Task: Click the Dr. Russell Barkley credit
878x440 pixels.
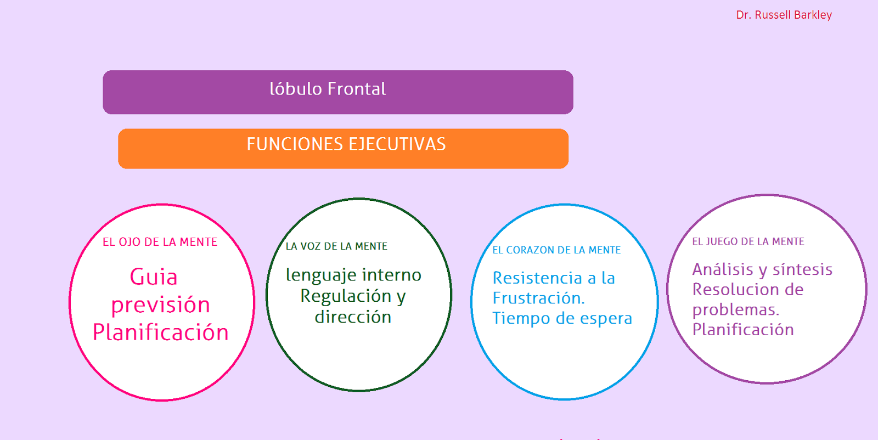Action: point(784,15)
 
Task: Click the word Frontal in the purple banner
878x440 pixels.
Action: point(357,88)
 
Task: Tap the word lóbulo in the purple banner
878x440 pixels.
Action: point(296,88)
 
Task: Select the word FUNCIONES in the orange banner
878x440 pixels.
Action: point(295,144)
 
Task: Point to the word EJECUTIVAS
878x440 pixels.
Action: point(397,144)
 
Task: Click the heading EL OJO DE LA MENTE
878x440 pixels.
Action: point(160,242)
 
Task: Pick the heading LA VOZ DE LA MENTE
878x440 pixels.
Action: point(336,246)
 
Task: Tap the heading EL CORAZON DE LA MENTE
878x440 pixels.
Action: point(556,250)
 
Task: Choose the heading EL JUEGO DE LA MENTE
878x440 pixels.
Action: point(748,241)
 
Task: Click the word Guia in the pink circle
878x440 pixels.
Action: point(154,277)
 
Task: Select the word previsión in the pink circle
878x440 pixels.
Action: point(161,305)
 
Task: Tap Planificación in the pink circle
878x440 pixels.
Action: point(161,332)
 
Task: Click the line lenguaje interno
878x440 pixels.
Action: point(353,275)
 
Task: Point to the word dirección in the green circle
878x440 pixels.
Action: point(353,317)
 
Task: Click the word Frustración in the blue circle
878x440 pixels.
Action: point(538,298)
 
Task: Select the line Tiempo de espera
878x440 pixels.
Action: point(562,318)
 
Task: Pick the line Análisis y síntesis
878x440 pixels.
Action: point(762,269)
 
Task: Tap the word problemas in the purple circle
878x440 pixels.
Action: point(736,310)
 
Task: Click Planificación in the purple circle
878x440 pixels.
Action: point(743,330)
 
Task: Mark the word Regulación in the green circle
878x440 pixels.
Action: point(346,296)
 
